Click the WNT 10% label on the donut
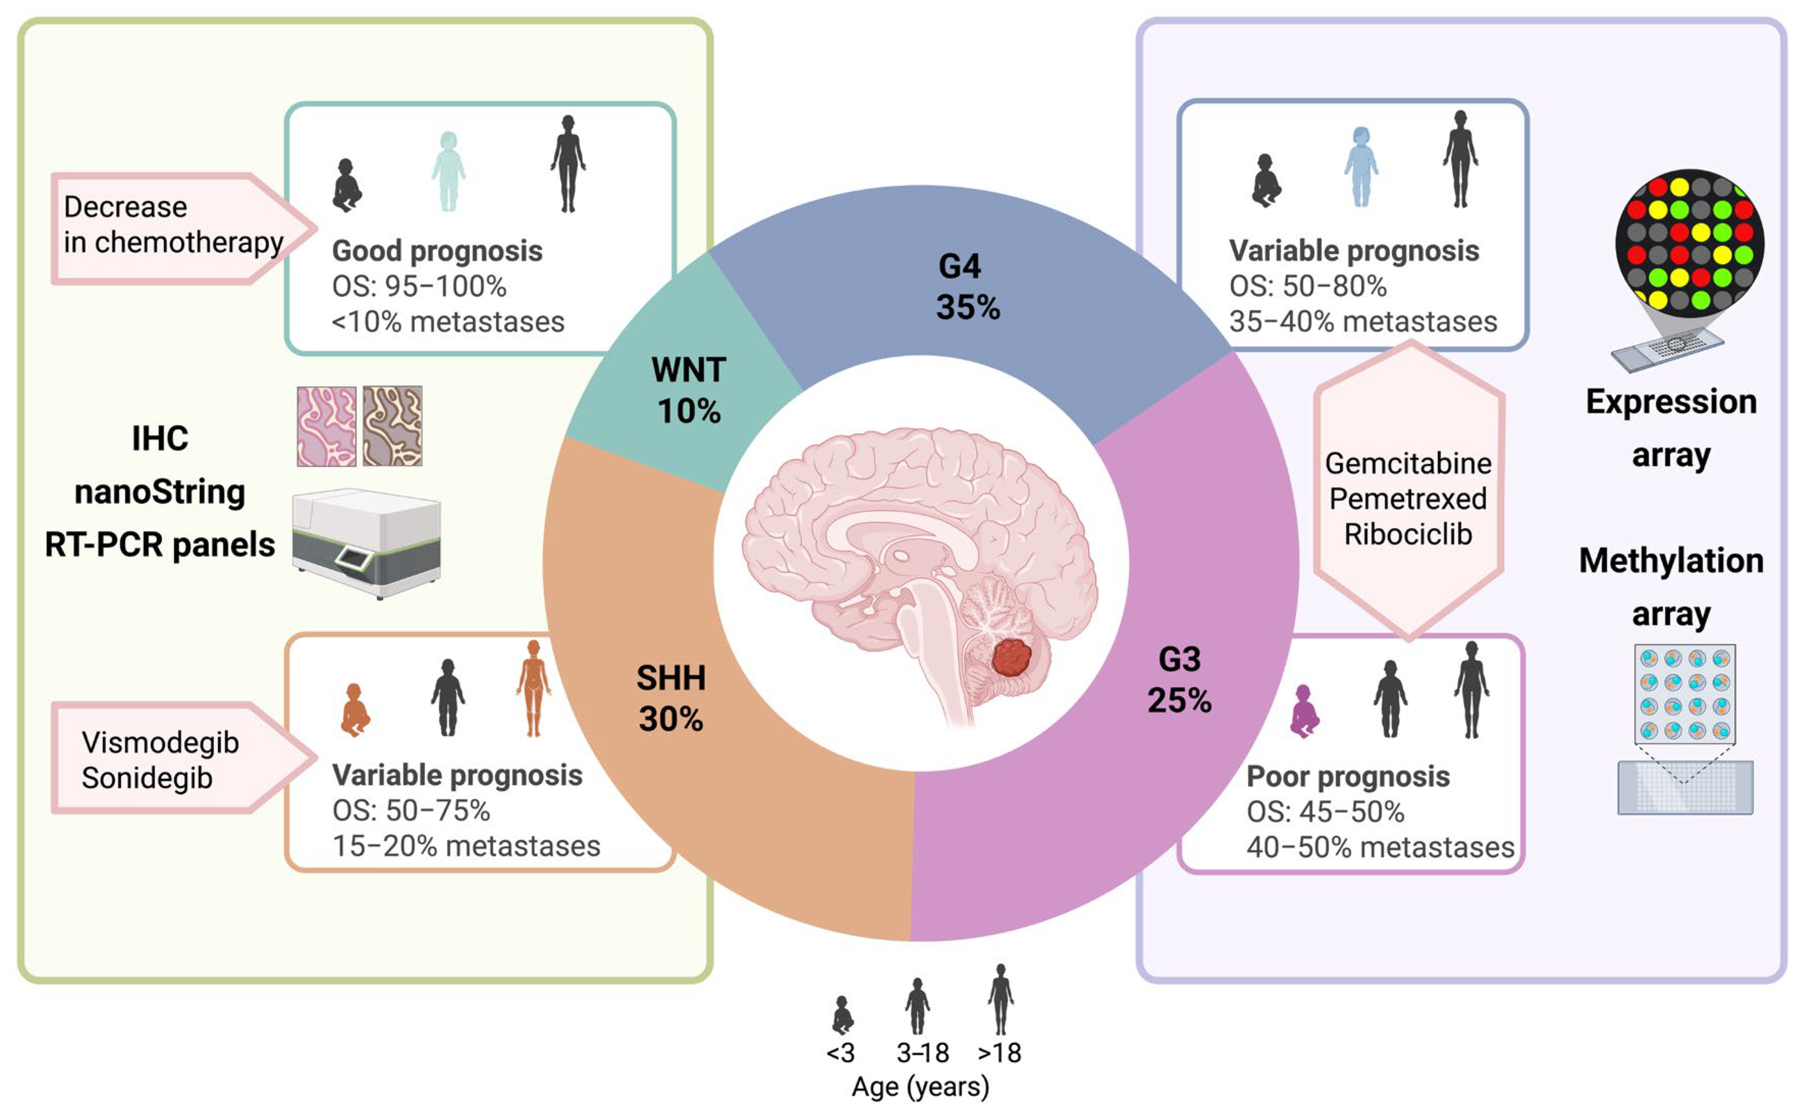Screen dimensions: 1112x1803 point(688,390)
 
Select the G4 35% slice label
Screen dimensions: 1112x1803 point(966,287)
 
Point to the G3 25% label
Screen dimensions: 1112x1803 point(1179,679)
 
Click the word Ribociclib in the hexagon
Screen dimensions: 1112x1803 point(1408,534)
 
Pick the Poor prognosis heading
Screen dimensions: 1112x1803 point(1348,777)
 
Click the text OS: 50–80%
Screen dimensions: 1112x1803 point(1307,286)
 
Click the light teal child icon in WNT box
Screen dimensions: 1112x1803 point(448,171)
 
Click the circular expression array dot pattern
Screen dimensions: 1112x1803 point(1689,243)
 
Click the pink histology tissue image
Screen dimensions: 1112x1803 point(327,427)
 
